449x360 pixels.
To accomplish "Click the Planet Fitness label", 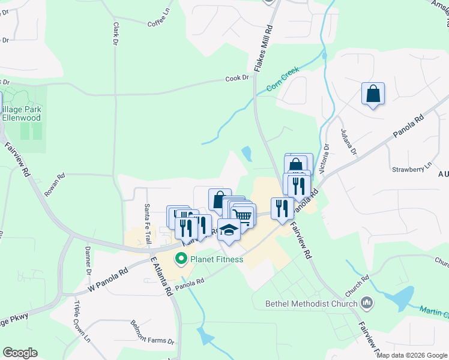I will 217,259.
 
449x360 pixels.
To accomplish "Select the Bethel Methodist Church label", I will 312,303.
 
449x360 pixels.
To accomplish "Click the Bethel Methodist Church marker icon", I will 367,303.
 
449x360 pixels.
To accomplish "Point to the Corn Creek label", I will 283,83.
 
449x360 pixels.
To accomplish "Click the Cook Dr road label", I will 237,79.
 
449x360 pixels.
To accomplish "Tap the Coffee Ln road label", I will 159,23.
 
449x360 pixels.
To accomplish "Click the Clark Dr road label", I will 115,34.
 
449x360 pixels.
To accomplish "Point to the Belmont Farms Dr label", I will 152,332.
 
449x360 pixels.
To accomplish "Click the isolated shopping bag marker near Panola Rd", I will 373,94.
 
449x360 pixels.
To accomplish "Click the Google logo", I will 20,352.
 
